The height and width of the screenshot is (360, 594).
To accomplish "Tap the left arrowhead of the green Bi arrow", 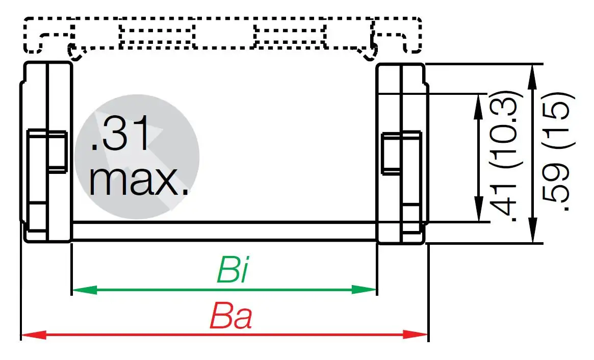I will tap(78, 290).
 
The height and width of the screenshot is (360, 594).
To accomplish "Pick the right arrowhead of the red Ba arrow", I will tap(420, 335).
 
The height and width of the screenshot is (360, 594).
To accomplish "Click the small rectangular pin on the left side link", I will tap(47, 150).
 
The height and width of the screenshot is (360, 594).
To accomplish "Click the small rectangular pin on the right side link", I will tap(402, 152).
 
